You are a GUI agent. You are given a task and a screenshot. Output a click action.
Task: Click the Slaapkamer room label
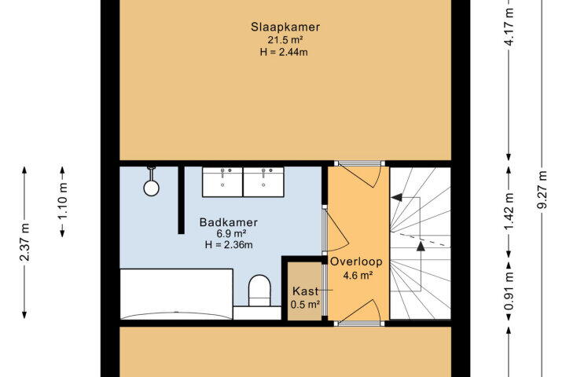tap(285, 27)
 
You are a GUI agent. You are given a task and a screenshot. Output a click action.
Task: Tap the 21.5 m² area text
tap(285, 40)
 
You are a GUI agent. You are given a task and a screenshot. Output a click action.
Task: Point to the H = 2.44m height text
tap(284, 53)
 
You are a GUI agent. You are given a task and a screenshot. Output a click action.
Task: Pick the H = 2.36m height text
tap(229, 245)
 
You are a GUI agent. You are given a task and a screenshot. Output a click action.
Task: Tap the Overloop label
tap(356, 262)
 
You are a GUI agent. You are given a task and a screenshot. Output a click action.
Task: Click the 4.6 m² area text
tap(358, 276)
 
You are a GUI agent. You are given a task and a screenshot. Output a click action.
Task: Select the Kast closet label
tap(305, 291)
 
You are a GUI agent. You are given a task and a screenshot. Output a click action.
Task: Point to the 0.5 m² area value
tap(305, 305)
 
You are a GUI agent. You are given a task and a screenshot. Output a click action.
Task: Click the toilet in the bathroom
tap(259, 291)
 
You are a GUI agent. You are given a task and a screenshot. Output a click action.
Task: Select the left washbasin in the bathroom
tap(222, 182)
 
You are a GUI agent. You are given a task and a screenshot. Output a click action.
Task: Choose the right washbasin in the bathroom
tap(263, 182)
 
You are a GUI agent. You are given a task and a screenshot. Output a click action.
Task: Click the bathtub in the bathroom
tap(176, 294)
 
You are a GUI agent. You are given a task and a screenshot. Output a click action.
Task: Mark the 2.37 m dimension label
tap(25, 242)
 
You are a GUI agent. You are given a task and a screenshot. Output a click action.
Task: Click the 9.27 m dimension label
tap(542, 189)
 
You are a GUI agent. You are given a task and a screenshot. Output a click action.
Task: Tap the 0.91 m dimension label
tap(509, 291)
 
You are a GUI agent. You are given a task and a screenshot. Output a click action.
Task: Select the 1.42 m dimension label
tap(509, 211)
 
